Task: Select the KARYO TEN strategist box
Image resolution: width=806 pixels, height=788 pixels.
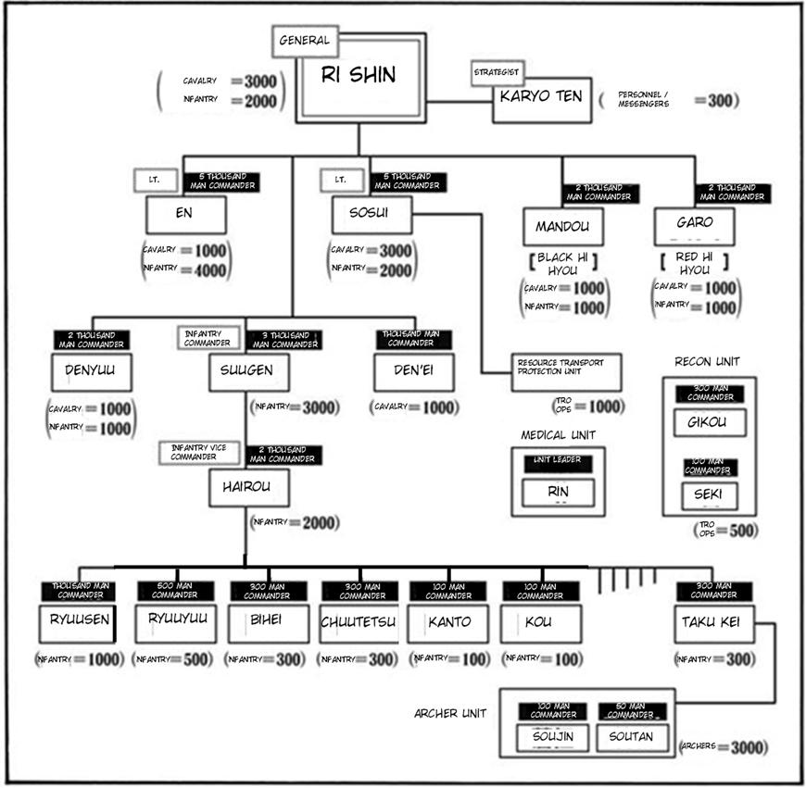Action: (x=540, y=99)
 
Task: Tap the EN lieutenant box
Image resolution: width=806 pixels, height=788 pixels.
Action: (x=185, y=215)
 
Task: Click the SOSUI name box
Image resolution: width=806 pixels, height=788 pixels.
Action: (x=372, y=215)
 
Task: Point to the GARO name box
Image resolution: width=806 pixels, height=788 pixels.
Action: (x=695, y=225)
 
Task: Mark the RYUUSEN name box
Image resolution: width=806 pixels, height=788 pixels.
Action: (x=78, y=624)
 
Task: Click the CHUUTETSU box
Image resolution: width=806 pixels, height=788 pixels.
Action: (x=359, y=624)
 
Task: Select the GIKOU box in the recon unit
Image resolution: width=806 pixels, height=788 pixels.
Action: (x=709, y=422)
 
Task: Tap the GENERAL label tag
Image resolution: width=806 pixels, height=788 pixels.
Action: (x=304, y=41)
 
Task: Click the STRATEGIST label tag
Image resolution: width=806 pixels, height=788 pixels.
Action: (x=498, y=72)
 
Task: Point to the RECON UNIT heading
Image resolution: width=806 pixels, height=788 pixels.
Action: (x=708, y=361)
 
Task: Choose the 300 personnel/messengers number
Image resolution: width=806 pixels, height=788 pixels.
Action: (x=720, y=101)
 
